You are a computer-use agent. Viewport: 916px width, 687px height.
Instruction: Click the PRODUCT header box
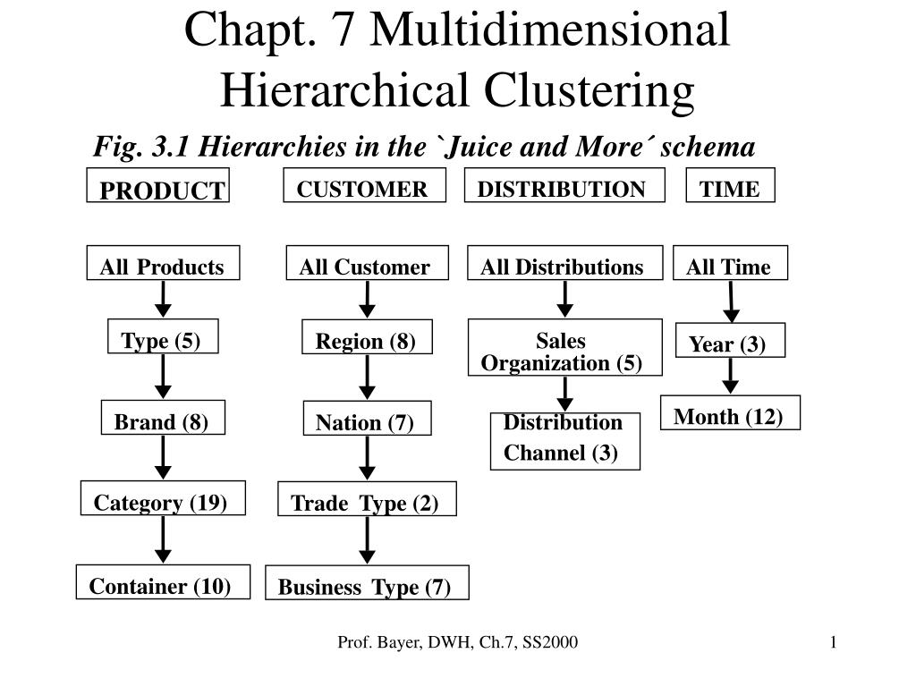coord(157,185)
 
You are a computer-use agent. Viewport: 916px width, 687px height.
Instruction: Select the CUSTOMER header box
coord(365,185)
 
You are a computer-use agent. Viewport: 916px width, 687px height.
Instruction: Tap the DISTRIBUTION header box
coord(564,185)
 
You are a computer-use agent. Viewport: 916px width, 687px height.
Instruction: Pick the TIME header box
coord(730,185)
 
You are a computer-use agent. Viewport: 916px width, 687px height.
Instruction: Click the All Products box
coord(163,263)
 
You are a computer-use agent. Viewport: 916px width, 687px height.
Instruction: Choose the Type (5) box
coord(163,336)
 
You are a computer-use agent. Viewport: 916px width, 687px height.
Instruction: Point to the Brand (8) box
coord(163,417)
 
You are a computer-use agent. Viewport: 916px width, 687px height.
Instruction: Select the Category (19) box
coord(163,497)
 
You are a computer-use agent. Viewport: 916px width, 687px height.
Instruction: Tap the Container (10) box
coord(163,581)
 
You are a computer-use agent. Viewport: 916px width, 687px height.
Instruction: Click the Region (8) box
coord(367,336)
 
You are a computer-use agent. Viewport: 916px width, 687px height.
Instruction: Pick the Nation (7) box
coord(367,418)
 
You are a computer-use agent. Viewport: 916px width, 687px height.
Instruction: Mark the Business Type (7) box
coord(367,582)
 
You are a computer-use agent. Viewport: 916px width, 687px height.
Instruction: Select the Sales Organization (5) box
coord(565,347)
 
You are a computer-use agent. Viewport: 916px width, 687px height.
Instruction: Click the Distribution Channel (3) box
coord(565,441)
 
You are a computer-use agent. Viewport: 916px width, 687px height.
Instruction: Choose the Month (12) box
coord(730,412)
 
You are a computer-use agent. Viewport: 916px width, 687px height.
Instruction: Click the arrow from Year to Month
coord(730,376)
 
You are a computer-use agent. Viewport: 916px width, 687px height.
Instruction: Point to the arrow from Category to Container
coord(163,539)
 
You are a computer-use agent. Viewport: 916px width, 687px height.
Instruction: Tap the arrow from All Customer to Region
coord(367,300)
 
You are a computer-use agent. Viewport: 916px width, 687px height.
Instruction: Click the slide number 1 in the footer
coord(833,642)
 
